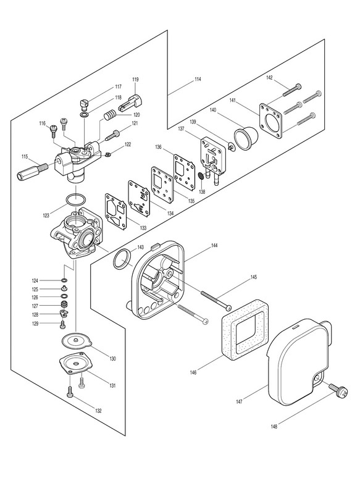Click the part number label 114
(198, 79)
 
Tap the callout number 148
(274, 427)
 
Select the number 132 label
(98, 411)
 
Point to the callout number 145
(254, 277)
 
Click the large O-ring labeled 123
(76, 199)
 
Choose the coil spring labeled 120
(110, 115)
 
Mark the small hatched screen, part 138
(201, 176)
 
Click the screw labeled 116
(53, 130)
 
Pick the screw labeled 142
(292, 90)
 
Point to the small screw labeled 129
(62, 324)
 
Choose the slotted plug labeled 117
(83, 104)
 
